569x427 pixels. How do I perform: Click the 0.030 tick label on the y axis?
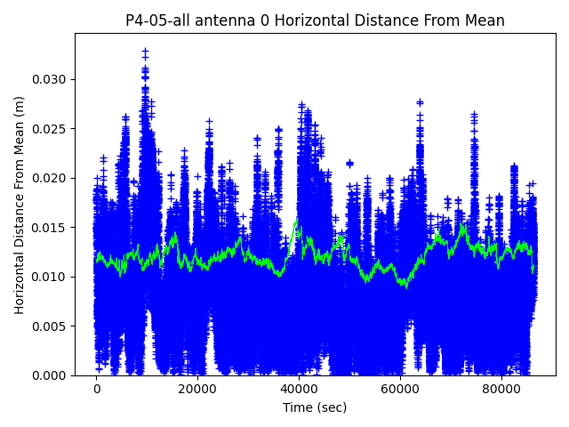(x=52, y=79)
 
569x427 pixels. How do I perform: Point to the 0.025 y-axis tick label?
(x=52, y=129)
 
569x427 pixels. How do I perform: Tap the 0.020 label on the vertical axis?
(x=52, y=178)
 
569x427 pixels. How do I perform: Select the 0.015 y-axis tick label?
(x=52, y=228)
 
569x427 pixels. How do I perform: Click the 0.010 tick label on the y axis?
(x=52, y=277)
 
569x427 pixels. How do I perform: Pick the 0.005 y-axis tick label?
(x=52, y=326)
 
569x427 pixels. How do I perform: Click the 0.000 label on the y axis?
(x=52, y=375)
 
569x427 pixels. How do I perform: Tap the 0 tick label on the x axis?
(x=97, y=390)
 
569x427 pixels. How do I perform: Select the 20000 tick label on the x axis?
(x=197, y=390)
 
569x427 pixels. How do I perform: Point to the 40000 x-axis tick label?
(x=299, y=390)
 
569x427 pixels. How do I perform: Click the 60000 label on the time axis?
(x=400, y=390)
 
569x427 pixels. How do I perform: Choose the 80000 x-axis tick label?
(x=501, y=390)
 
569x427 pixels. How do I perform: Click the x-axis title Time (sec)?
(x=315, y=407)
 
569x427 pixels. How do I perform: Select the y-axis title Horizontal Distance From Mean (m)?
(x=20, y=205)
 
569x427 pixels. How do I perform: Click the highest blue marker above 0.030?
(x=145, y=52)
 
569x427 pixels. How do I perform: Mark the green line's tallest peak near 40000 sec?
(x=296, y=220)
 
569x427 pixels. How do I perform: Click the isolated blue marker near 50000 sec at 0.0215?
(x=349, y=163)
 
